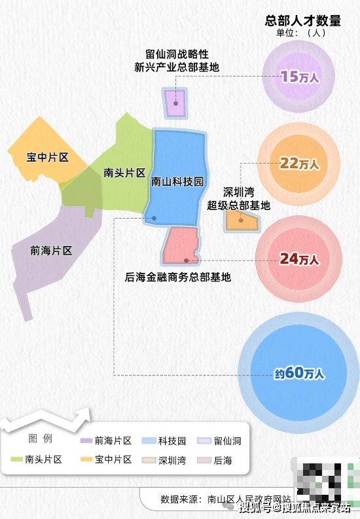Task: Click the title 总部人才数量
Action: coord(302,20)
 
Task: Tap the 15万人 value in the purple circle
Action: coord(300,77)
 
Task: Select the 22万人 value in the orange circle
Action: coord(299,164)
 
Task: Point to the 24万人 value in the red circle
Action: coord(299,259)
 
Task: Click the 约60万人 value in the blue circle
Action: coord(299,373)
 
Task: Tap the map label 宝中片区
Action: coord(48,157)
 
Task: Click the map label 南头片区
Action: coord(124,173)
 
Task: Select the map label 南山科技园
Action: coord(177,181)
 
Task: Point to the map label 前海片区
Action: coord(51,251)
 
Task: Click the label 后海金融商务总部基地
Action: coord(177,277)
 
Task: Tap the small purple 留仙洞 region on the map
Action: coord(175,103)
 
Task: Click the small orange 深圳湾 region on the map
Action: coord(242,221)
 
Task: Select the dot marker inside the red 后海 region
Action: coord(187,261)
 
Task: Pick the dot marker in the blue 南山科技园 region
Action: coord(154,218)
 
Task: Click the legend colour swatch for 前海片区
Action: coord(86,440)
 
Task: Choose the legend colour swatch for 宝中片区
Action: coord(86,459)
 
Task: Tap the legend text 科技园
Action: coord(172,441)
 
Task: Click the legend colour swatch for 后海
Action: coord(204,460)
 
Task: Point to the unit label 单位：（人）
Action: coord(301,33)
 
